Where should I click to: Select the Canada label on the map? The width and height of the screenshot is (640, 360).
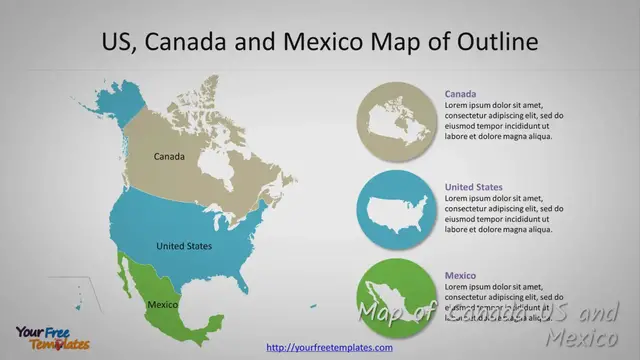click(169, 157)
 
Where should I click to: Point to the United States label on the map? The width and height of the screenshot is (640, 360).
click(184, 245)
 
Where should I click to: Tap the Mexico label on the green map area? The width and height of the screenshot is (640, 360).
click(162, 304)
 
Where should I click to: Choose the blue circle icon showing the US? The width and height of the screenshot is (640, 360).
click(397, 211)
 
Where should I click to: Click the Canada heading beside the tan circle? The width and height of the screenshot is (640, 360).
click(461, 94)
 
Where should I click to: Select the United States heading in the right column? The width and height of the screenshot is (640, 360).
click(473, 187)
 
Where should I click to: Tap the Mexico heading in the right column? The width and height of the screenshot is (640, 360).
click(461, 275)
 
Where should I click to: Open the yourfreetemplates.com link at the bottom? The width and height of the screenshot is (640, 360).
click(329, 347)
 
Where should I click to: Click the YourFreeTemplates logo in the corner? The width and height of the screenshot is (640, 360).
click(51, 338)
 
